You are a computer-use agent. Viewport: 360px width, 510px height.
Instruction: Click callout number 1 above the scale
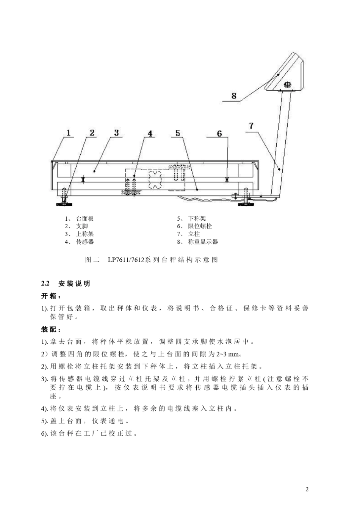(69, 133)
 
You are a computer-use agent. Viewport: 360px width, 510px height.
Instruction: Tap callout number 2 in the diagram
(92, 133)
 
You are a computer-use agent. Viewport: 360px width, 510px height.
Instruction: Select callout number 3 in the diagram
(117, 133)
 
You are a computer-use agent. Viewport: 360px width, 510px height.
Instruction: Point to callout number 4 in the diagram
(150, 134)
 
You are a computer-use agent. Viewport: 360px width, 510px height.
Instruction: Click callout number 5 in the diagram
(178, 133)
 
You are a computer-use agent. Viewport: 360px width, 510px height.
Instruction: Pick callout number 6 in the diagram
(219, 134)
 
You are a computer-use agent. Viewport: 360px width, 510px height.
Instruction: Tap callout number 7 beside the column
(251, 126)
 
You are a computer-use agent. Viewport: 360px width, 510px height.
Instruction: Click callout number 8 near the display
(234, 96)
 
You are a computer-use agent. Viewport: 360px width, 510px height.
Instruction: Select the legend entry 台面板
(85, 219)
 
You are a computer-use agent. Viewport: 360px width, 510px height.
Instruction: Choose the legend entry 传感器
(85, 242)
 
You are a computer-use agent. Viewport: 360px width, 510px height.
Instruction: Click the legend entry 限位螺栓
(200, 226)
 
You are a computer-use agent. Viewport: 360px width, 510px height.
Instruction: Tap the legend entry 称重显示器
(203, 242)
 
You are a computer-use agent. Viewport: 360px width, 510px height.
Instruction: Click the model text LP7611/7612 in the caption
(126, 260)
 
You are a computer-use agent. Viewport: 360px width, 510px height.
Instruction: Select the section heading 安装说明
(74, 284)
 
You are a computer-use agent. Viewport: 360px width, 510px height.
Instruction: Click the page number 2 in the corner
(307, 489)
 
